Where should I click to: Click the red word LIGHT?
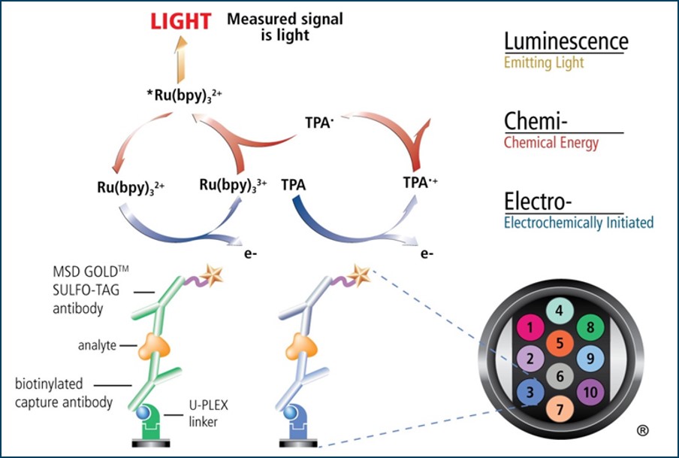[x=180, y=21]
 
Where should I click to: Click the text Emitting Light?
[x=545, y=63]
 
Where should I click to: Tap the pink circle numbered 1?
[x=531, y=327]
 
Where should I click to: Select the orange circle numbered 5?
[x=559, y=344]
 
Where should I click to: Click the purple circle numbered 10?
[x=590, y=392]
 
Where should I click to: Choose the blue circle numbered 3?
[x=530, y=391]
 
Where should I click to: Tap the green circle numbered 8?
[x=590, y=327]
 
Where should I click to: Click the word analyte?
[x=98, y=345]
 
